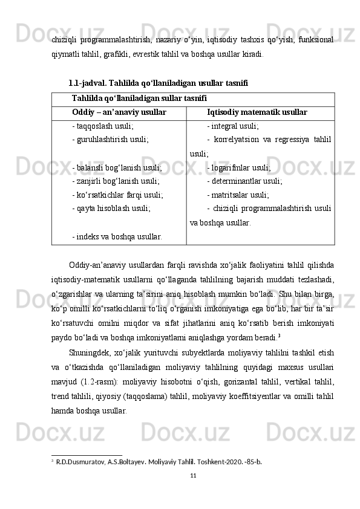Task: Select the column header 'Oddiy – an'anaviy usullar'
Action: [119, 112]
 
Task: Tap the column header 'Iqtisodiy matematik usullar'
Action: [257, 112]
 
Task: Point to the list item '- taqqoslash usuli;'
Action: [102, 127]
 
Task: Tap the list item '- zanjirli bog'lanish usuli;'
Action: [116, 181]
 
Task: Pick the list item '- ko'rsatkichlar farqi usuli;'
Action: [117, 194]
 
